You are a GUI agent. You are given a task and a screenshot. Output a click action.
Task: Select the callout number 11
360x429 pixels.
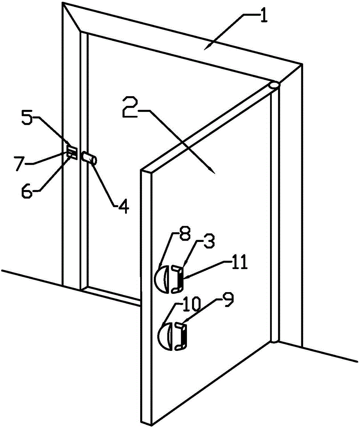[241, 263]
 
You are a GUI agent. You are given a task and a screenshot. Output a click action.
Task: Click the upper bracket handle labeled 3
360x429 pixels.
[177, 278]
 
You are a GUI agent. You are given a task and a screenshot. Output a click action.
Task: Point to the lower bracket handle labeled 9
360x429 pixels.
[181, 337]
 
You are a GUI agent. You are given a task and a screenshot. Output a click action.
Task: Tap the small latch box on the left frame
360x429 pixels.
[72, 152]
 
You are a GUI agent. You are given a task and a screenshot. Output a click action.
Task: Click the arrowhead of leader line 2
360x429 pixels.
[213, 172]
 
